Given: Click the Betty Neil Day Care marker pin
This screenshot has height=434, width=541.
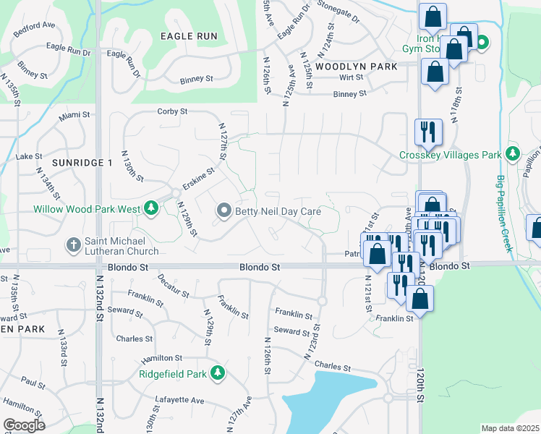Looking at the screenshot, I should pyautogui.click(x=223, y=210).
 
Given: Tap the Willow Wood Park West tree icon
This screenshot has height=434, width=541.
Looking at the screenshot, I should pyautogui.click(x=150, y=209).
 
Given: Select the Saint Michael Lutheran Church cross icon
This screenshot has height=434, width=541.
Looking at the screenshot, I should pyautogui.click(x=73, y=244).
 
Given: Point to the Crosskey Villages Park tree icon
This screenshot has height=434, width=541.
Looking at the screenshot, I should pyautogui.click(x=513, y=154).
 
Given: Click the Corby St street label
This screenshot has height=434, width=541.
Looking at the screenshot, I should pyautogui.click(x=173, y=112).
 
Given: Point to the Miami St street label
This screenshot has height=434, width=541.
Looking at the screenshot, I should pyautogui.click(x=74, y=115).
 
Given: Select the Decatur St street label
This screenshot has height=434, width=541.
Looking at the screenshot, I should pyautogui.click(x=173, y=286).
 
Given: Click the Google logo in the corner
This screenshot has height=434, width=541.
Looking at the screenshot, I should pyautogui.click(x=23, y=425).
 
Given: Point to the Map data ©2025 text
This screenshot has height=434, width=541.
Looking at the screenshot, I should pyautogui.click(x=510, y=428).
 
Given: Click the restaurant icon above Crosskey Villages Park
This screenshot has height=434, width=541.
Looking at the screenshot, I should pyautogui.click(x=428, y=132).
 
